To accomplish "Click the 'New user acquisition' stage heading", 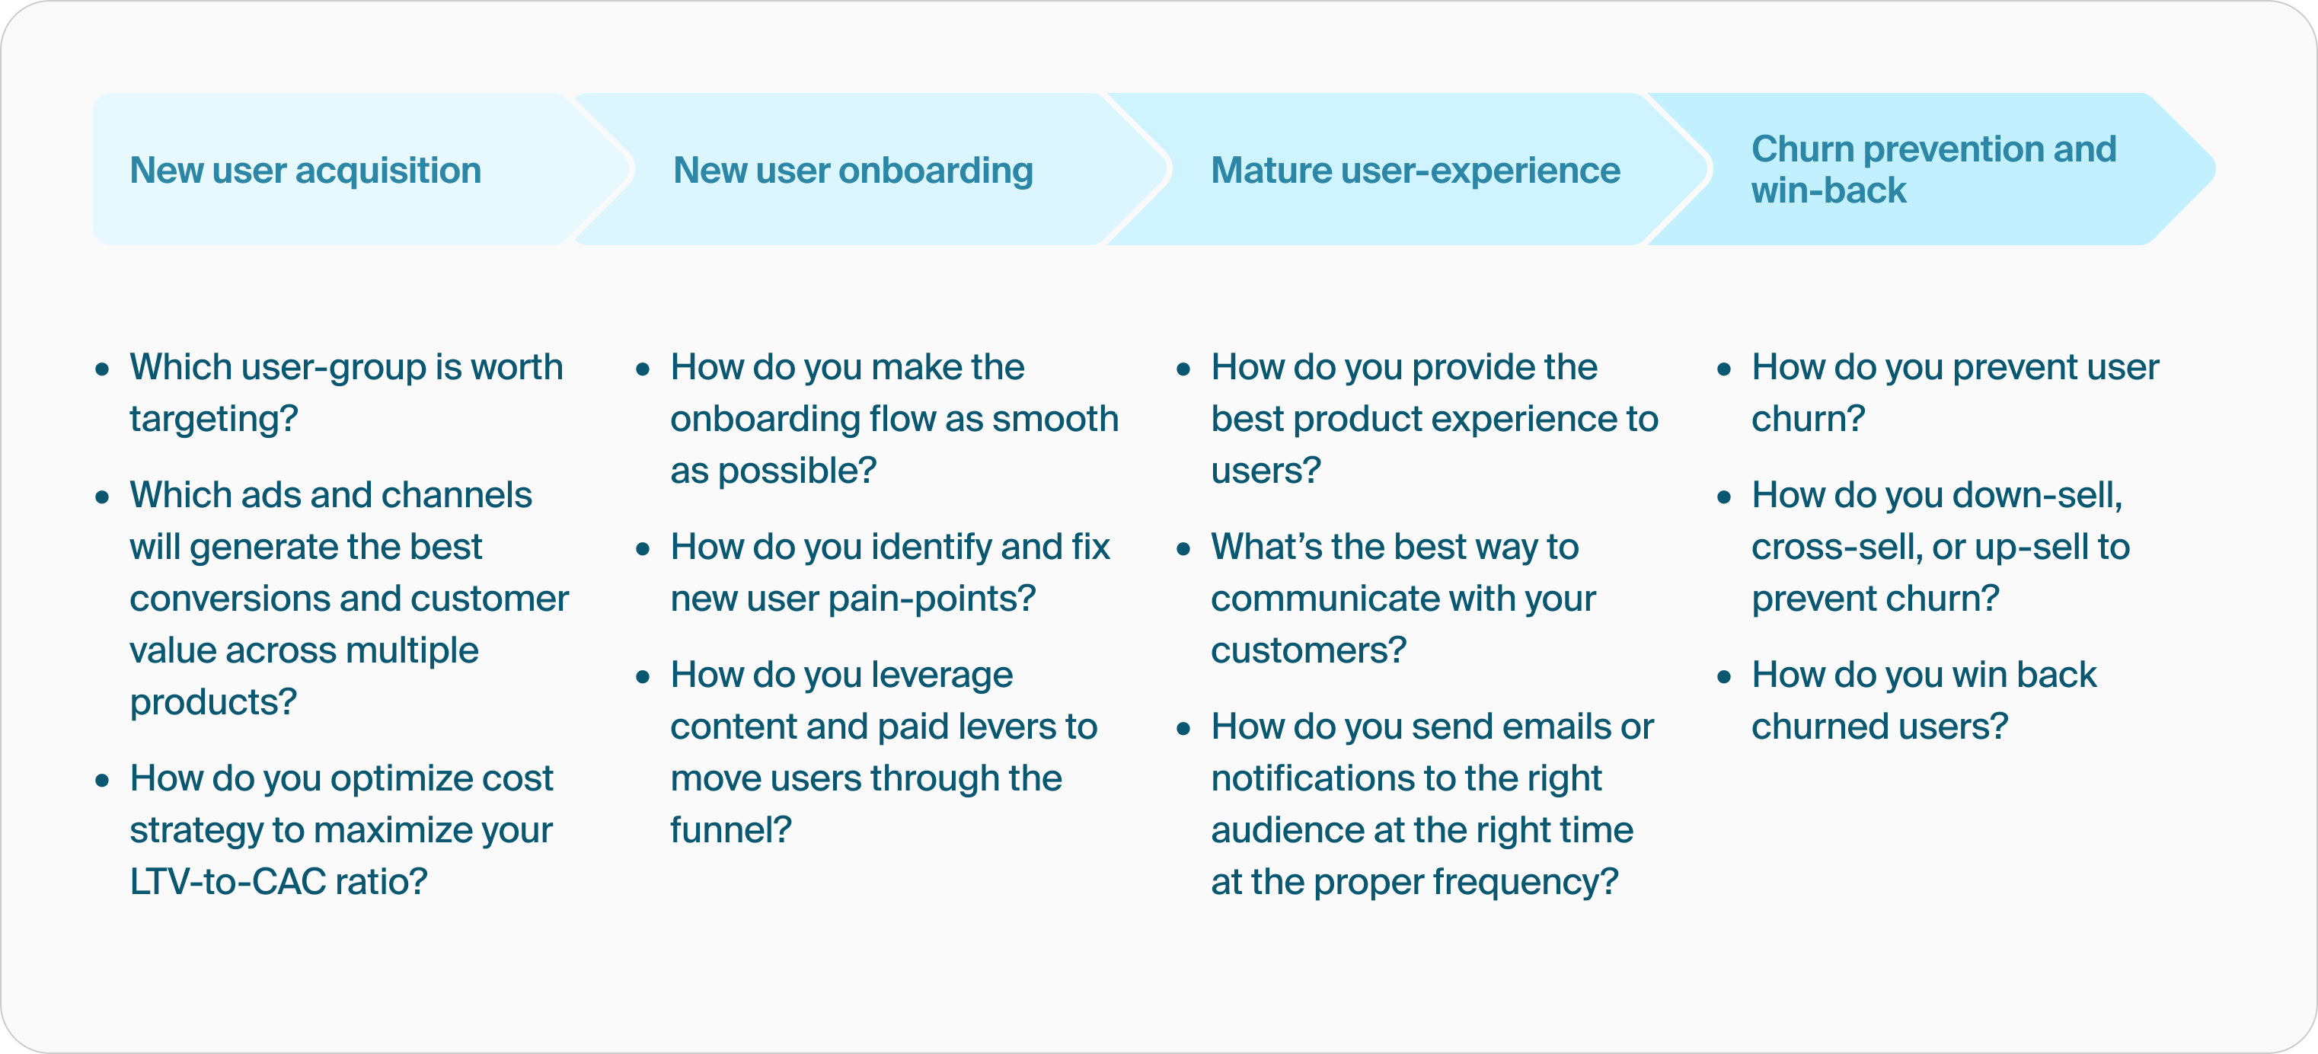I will (305, 170).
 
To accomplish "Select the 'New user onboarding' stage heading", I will (852, 170).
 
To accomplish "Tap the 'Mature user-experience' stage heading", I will (1415, 170).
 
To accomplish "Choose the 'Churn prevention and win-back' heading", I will (1933, 169).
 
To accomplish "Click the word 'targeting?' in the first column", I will (213, 420).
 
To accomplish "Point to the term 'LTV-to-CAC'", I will (228, 882).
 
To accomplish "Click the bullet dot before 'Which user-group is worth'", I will (103, 369).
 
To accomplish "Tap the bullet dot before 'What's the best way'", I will (1183, 549).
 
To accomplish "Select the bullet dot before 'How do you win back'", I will (1724, 677).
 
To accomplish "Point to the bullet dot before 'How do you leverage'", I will (643, 677).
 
